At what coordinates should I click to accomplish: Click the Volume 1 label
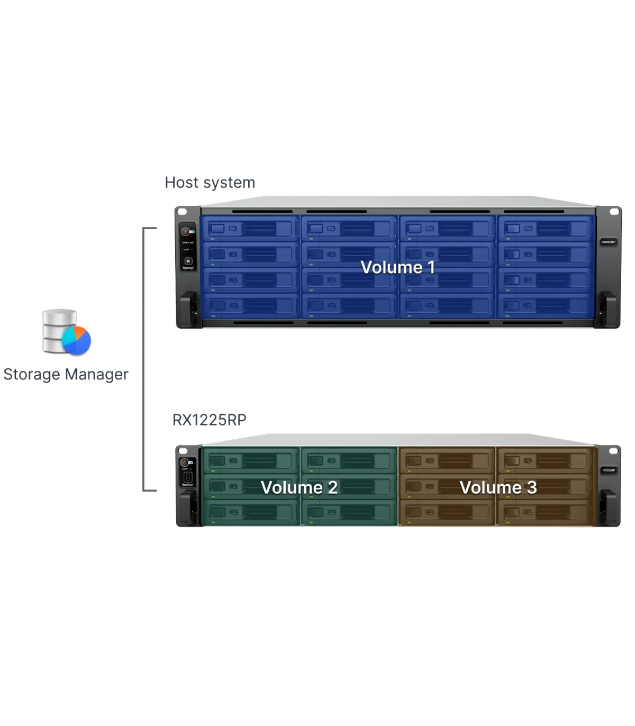click(397, 267)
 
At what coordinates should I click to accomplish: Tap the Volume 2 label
click(299, 487)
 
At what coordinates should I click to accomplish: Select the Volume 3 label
click(498, 487)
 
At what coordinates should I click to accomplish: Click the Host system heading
click(210, 183)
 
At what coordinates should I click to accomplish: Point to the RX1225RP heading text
click(210, 420)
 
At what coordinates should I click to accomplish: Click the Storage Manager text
click(66, 375)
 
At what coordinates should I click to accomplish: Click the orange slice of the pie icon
click(80, 333)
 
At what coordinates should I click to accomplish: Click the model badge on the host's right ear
click(608, 242)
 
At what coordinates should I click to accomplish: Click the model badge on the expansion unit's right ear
click(609, 470)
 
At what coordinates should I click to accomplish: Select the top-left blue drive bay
click(250, 229)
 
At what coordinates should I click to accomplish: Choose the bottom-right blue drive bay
click(545, 306)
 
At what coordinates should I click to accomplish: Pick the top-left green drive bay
click(251, 461)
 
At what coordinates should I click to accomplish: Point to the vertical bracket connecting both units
click(143, 360)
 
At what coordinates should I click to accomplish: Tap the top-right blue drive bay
click(545, 229)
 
